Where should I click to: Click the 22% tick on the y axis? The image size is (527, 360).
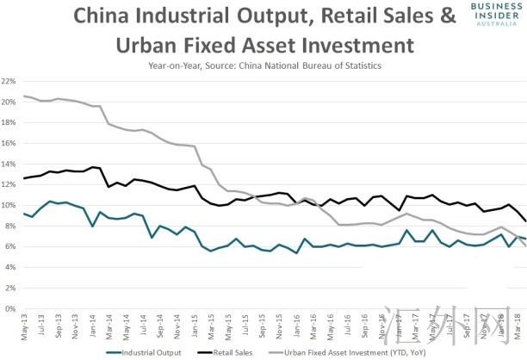point(9,81)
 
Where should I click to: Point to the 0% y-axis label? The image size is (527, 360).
point(11,308)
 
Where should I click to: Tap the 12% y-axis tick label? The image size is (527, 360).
point(9,184)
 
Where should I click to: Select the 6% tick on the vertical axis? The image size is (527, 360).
point(11,246)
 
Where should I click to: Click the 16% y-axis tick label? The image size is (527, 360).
point(9,143)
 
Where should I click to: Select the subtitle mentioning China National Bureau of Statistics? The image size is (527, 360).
point(254,64)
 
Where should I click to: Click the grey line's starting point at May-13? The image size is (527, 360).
point(25,96)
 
